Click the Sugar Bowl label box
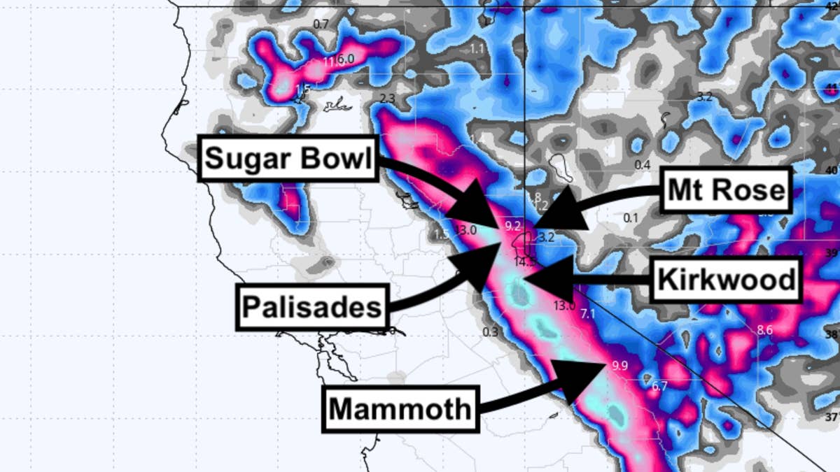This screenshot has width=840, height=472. click(x=288, y=159)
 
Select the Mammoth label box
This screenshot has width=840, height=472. click(x=400, y=408)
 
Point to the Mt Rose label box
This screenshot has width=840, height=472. click(x=727, y=189)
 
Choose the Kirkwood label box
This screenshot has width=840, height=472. click(x=726, y=280)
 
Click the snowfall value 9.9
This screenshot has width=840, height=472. click(x=619, y=366)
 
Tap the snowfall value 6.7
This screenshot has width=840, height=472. click(x=659, y=386)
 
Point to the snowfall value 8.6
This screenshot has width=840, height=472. click(x=764, y=329)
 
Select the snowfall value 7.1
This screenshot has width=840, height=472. click(x=587, y=314)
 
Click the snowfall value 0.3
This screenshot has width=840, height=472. click(x=491, y=331)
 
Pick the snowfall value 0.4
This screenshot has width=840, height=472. click(x=642, y=164)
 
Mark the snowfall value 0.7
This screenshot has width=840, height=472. click(x=321, y=24)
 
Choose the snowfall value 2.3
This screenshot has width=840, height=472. click(x=387, y=98)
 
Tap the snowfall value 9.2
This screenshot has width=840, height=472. click(x=512, y=225)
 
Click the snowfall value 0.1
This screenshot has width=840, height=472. click(x=631, y=218)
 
